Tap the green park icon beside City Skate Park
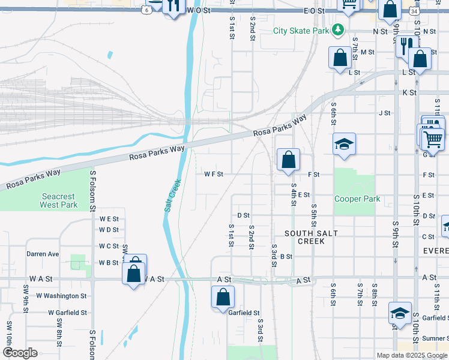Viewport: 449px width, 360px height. [339, 29]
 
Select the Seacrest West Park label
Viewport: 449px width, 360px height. [58, 200]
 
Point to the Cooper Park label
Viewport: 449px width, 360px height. [358, 199]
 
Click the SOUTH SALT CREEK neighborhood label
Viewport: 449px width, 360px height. [311, 237]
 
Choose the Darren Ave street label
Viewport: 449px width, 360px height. [42, 254]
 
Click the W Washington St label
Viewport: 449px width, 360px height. [61, 296]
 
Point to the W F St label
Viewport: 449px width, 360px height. [213, 174]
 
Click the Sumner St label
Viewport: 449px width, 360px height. [435, 339]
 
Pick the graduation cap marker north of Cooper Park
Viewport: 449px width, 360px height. [344, 144]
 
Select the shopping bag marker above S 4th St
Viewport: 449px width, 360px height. [288, 160]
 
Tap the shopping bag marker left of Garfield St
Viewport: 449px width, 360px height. [223, 296]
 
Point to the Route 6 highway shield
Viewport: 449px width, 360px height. [147, 10]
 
